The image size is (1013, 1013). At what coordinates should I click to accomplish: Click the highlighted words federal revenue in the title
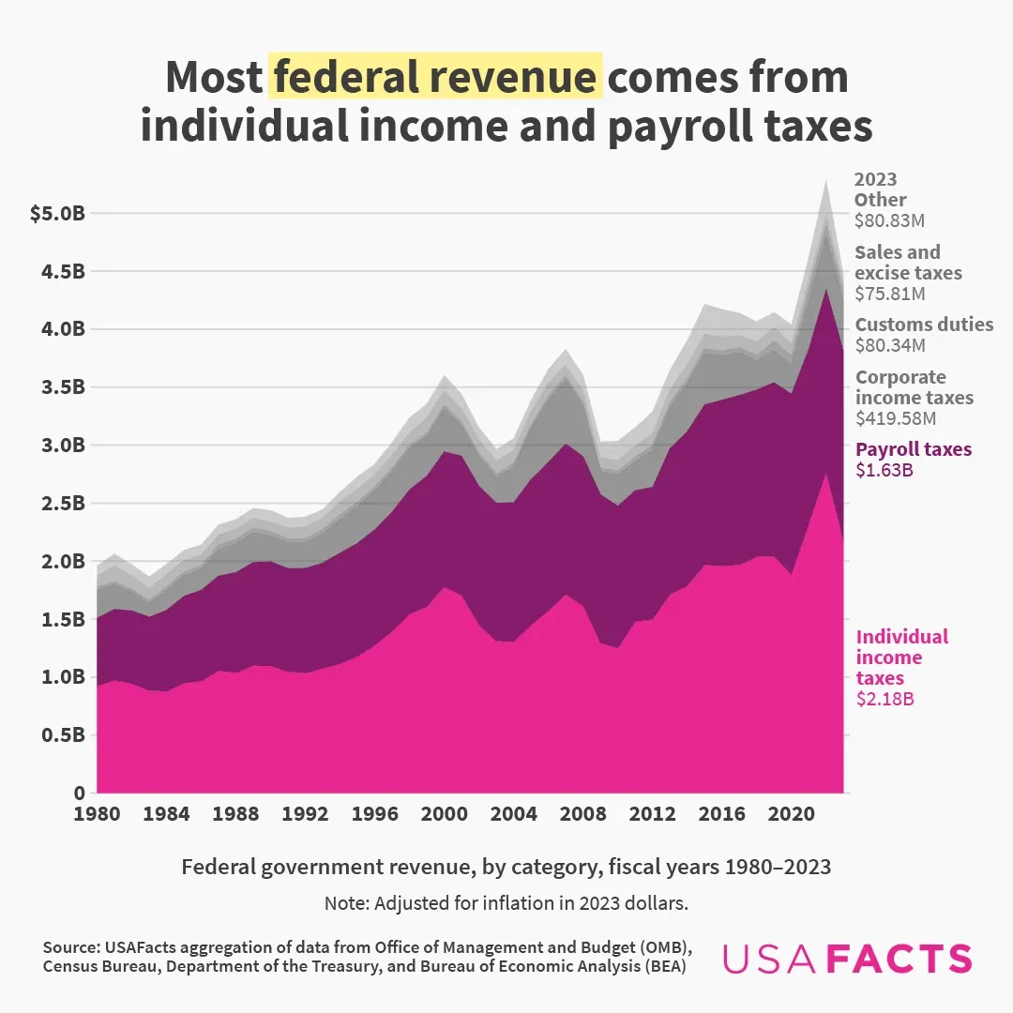coord(435,77)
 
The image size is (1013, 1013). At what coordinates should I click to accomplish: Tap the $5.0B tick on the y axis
coord(57,214)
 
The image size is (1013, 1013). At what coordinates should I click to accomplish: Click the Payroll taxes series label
coord(914,449)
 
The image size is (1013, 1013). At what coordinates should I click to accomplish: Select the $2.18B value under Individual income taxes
coord(885,699)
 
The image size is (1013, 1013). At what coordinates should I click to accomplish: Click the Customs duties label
coord(924,325)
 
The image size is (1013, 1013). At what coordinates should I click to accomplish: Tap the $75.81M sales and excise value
coord(889,294)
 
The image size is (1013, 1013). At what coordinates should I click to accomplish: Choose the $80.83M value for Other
coord(889,220)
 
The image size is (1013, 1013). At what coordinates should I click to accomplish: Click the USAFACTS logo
coord(847,958)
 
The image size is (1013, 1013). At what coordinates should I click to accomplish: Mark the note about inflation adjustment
coord(506,904)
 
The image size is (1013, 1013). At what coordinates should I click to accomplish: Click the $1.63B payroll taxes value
coord(883,470)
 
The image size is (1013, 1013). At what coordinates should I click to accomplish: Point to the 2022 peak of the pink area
coord(825,475)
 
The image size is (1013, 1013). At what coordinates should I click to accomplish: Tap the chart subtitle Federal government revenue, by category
coord(506,867)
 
